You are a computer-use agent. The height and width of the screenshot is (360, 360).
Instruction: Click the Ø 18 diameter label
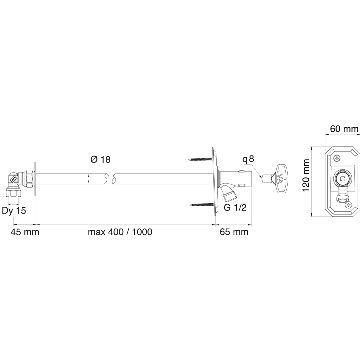tap(100, 160)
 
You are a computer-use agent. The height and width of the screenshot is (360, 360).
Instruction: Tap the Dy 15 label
tap(14, 211)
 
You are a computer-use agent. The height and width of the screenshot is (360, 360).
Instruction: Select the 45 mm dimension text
tap(25, 232)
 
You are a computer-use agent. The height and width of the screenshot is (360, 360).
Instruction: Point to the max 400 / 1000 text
tap(120, 232)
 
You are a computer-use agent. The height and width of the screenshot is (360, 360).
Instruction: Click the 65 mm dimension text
tap(234, 232)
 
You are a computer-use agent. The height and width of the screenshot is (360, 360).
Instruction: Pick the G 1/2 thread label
tap(235, 208)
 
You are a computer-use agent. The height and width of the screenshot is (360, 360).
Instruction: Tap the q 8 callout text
tap(249, 159)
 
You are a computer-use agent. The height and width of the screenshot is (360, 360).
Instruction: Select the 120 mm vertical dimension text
tap(306, 180)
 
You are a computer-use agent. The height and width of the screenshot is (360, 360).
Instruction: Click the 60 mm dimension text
tap(344, 129)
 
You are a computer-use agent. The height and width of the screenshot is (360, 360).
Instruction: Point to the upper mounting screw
tap(201, 159)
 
